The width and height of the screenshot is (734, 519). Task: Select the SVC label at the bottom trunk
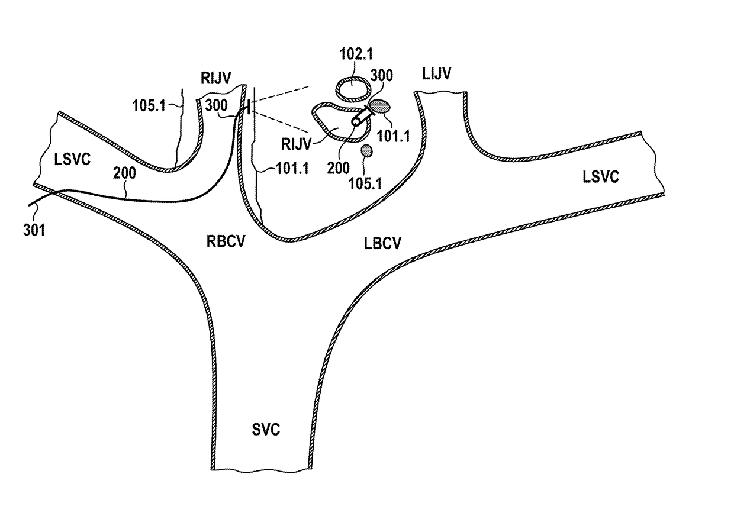point(265,430)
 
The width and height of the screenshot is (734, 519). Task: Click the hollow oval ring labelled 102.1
point(354,88)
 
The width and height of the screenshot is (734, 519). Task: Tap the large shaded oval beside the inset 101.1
point(379,107)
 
